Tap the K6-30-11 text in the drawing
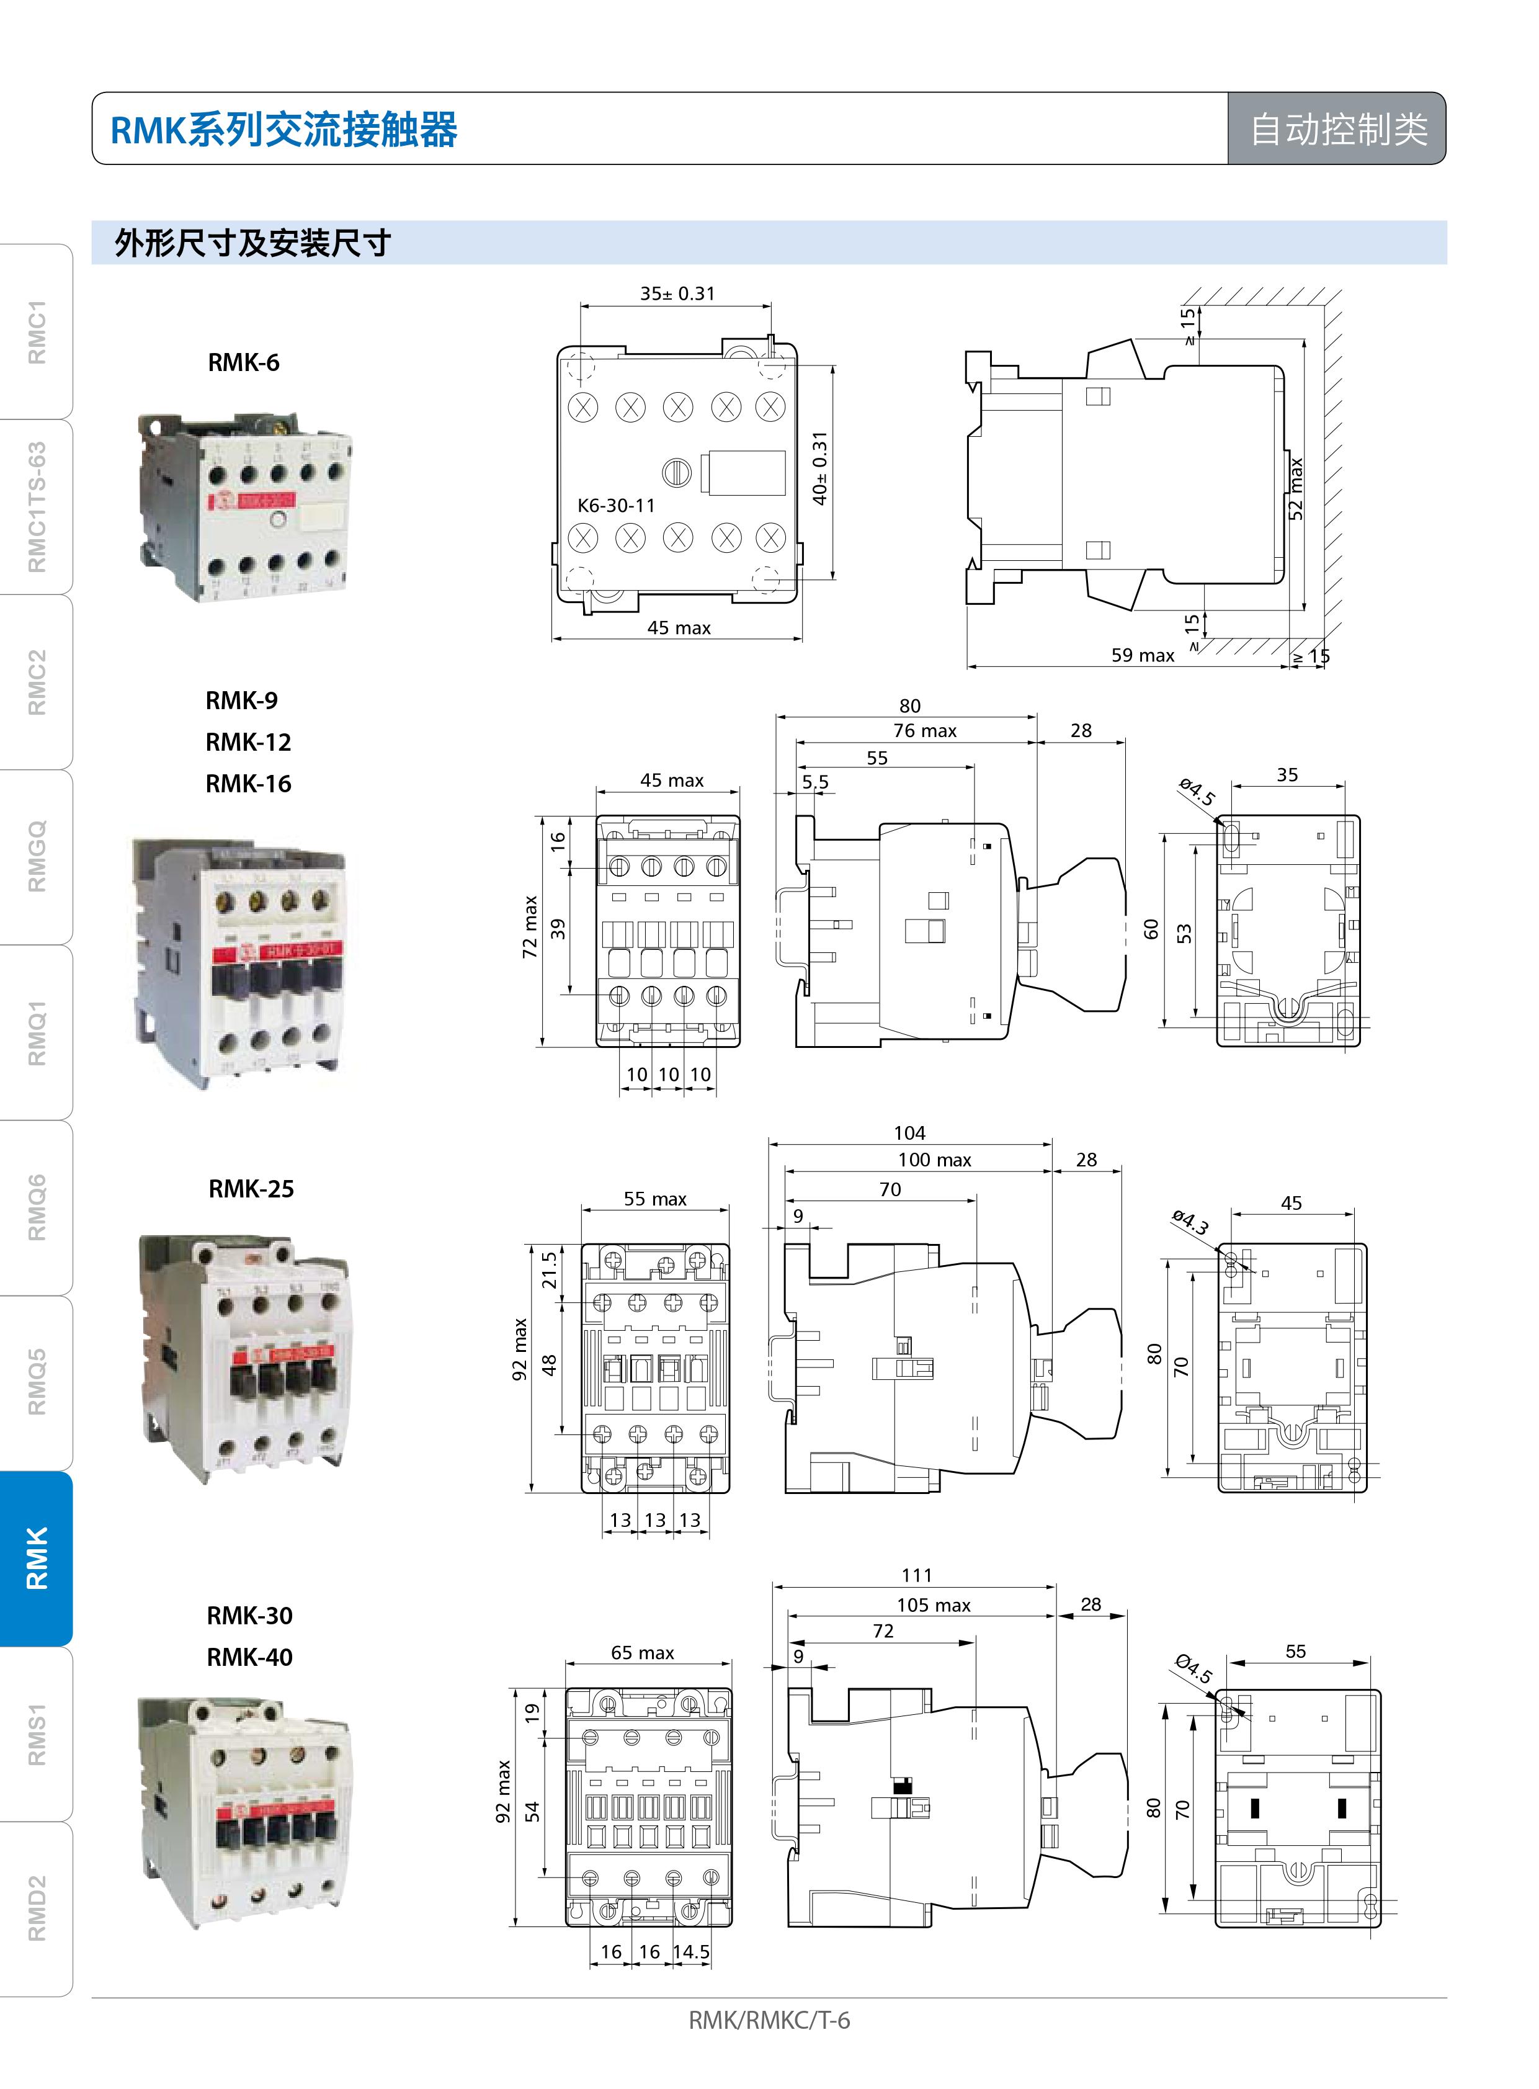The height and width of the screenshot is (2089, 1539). pyautogui.click(x=616, y=505)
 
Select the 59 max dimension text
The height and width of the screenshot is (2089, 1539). pyautogui.click(x=1142, y=655)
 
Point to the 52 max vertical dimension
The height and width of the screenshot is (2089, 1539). pyautogui.click(x=1296, y=488)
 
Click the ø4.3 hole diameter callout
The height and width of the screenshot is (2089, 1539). pyautogui.click(x=1190, y=1222)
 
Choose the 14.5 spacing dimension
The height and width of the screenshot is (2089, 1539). pyautogui.click(x=691, y=1951)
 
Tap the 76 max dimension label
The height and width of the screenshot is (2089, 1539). pyautogui.click(x=924, y=730)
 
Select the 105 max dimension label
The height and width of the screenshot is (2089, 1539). pyautogui.click(x=934, y=1604)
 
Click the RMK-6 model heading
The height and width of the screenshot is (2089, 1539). pyautogui.click(x=243, y=362)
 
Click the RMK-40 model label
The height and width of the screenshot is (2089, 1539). pyautogui.click(x=249, y=1657)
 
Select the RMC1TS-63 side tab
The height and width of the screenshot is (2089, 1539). pyautogui.click(x=35, y=507)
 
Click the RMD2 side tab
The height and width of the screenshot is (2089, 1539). pyautogui.click(x=35, y=1908)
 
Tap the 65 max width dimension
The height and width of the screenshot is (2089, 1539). pyautogui.click(x=642, y=1652)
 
